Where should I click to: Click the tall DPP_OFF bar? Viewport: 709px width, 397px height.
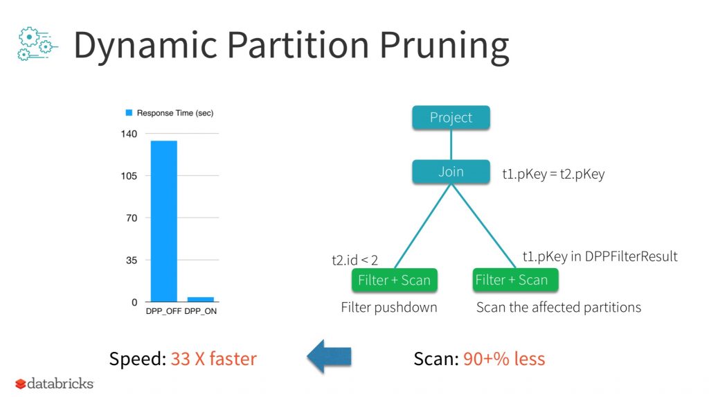coord(163,221)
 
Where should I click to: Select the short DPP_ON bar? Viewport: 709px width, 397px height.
coord(201,299)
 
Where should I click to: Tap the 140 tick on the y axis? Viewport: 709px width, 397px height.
coord(129,134)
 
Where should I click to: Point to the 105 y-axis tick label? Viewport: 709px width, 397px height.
coord(129,176)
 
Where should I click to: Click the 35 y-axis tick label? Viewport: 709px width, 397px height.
coord(132,261)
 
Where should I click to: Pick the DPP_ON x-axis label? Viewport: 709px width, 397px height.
coord(200,312)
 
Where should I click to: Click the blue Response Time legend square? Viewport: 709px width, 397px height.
coord(129,113)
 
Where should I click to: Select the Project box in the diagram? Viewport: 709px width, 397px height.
coord(451,118)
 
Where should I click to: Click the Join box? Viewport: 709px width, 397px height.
coord(451,172)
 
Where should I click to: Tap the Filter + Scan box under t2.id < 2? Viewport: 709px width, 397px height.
coord(394,280)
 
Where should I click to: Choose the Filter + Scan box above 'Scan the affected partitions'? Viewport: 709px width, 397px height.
coord(515,280)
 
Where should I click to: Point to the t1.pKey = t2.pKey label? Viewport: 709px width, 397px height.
coord(553,175)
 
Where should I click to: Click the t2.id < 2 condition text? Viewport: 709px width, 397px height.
coord(354,260)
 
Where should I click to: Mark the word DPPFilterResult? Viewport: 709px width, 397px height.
coord(631,256)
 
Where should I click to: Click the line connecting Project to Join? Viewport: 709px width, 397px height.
coord(451,145)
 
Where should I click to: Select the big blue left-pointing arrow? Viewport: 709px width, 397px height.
coord(329,356)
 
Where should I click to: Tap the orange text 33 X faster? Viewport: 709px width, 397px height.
coord(213,359)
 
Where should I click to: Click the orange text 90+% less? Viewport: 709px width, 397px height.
coord(504,359)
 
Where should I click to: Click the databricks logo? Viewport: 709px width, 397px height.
coord(54,384)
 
